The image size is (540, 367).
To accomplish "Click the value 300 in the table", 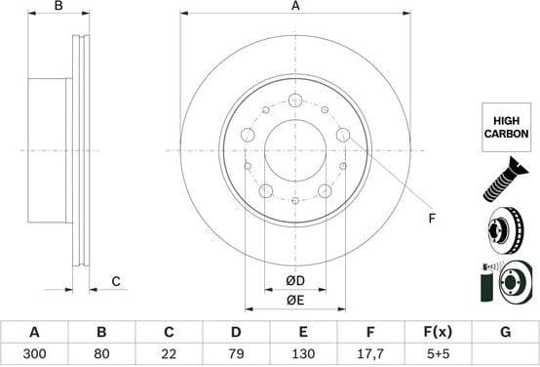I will [34, 355].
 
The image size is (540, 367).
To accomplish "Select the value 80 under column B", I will [101, 355].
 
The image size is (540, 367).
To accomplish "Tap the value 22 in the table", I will [169, 355].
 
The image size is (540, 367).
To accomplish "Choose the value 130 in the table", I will [303, 355].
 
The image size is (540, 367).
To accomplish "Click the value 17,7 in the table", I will [370, 355].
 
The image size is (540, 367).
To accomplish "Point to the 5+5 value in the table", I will [438, 355].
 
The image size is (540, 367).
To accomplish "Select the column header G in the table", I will [505, 332].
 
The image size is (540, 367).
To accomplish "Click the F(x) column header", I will [438, 332].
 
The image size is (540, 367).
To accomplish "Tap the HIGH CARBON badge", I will [506, 126].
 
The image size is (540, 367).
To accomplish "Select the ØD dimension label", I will [295, 282].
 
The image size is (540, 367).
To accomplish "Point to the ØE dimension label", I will [295, 301].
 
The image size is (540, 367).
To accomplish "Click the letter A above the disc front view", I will [295, 7].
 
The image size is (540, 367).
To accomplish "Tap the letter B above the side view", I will [58, 7].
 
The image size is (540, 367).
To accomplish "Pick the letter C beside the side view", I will [115, 282].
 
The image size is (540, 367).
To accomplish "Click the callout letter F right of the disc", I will [432, 218].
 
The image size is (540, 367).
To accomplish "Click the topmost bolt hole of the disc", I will [295, 99].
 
